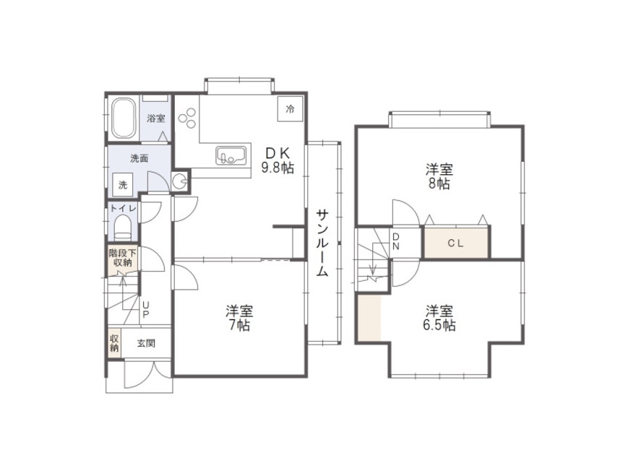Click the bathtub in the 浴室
pos(123,118)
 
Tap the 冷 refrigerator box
pos(290,108)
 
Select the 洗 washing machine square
pos(123,185)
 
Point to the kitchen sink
pos(231,155)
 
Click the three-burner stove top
pos(187,118)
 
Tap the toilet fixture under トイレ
pos(123,227)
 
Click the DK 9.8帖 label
pos(278,160)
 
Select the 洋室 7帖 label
pos(239,318)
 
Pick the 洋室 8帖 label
pos(439,176)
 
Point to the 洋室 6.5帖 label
pos(439,318)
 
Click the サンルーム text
pos(322,243)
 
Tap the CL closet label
pos(455,243)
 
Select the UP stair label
pos(146,310)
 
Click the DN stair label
pos(396,241)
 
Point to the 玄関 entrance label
pos(146,343)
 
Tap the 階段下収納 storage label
pos(123,259)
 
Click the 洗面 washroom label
pos(139,159)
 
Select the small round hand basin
pos(180,182)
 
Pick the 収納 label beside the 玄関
pos(115,343)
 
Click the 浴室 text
pos(156,118)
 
